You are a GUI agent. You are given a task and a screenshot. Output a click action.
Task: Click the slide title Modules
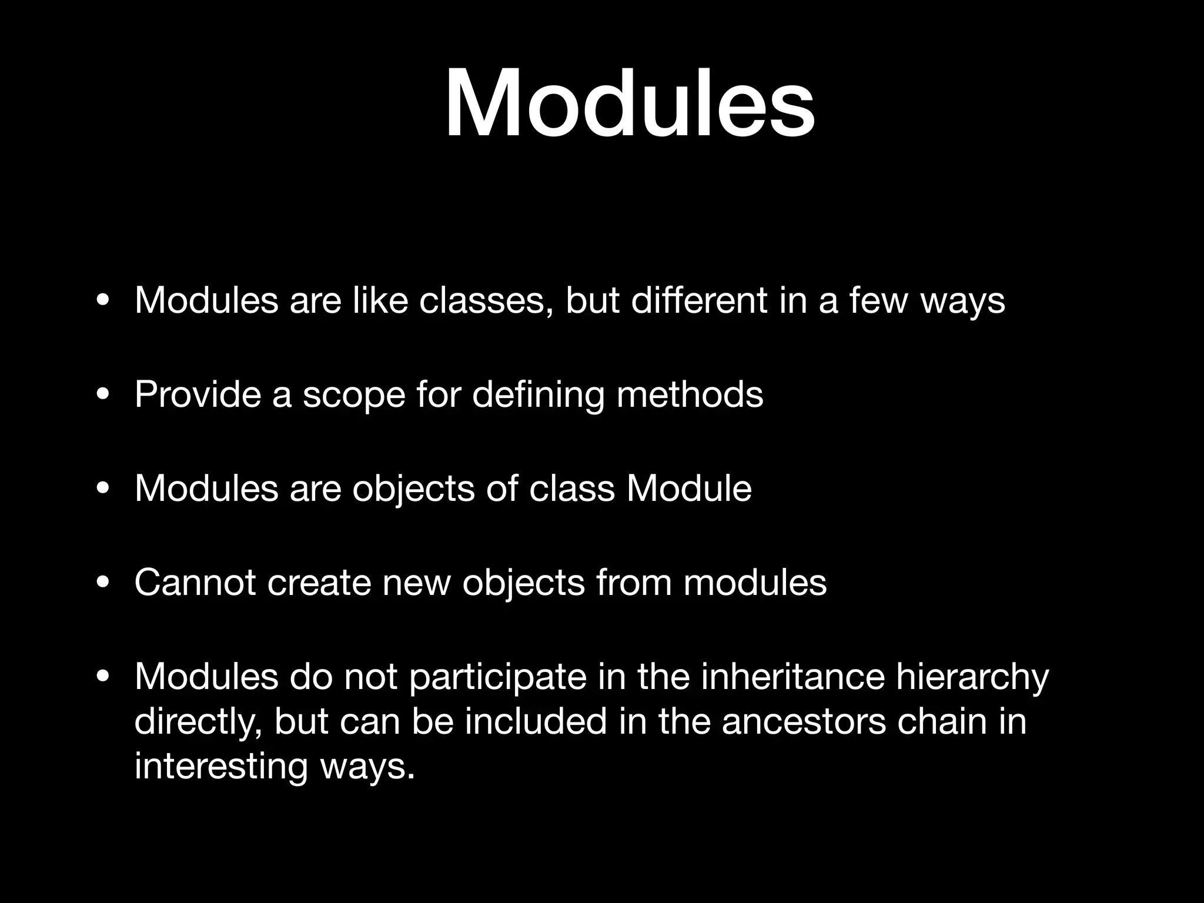630,105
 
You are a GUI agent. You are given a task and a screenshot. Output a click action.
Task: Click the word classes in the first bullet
486,301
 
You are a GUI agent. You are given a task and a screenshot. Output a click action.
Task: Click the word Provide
198,394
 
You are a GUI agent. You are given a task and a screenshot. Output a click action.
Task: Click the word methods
690,394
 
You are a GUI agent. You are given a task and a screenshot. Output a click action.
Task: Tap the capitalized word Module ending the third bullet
689,489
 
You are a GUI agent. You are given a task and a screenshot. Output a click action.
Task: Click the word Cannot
195,583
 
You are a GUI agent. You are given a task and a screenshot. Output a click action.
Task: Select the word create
319,583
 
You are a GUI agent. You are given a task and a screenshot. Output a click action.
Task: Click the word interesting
221,768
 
